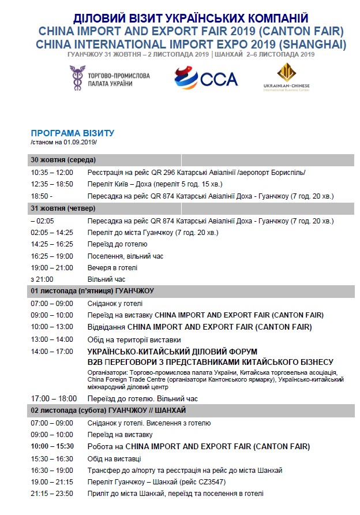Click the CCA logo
click(206, 79)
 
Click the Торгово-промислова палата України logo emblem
click(76, 77)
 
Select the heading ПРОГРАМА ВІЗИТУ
click(73, 133)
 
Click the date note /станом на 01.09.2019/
click(63, 142)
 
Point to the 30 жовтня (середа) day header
click(63, 160)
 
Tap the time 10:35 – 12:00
click(52, 173)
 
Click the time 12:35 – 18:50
click(52, 184)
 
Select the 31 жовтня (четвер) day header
click(63, 208)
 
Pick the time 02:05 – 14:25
click(52, 233)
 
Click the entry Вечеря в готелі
click(112, 268)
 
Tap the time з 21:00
click(42, 279)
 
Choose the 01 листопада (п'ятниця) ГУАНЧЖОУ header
click(92, 291)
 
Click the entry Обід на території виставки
click(134, 339)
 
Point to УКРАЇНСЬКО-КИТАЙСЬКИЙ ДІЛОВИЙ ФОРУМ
click(172, 352)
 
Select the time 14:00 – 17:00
click(52, 352)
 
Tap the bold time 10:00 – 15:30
click(52, 447)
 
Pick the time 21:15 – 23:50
click(52, 494)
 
